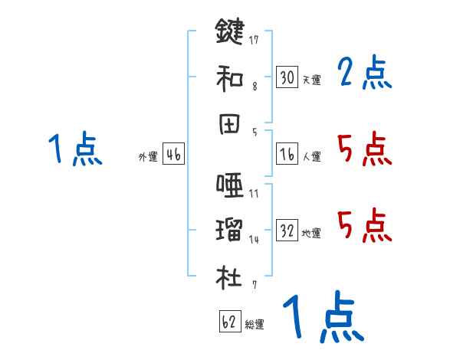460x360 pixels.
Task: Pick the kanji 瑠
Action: click(x=229, y=230)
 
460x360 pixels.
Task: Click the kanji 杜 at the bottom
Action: click(x=229, y=275)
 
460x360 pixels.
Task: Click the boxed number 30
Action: click(x=287, y=77)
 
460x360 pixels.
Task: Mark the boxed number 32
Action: click(x=287, y=230)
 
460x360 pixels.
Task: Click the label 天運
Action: click(x=311, y=80)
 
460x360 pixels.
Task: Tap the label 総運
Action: click(x=255, y=324)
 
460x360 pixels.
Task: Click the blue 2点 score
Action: click(x=364, y=74)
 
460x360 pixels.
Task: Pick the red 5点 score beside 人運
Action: click(x=364, y=149)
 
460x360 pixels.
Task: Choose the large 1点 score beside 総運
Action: click(x=323, y=317)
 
